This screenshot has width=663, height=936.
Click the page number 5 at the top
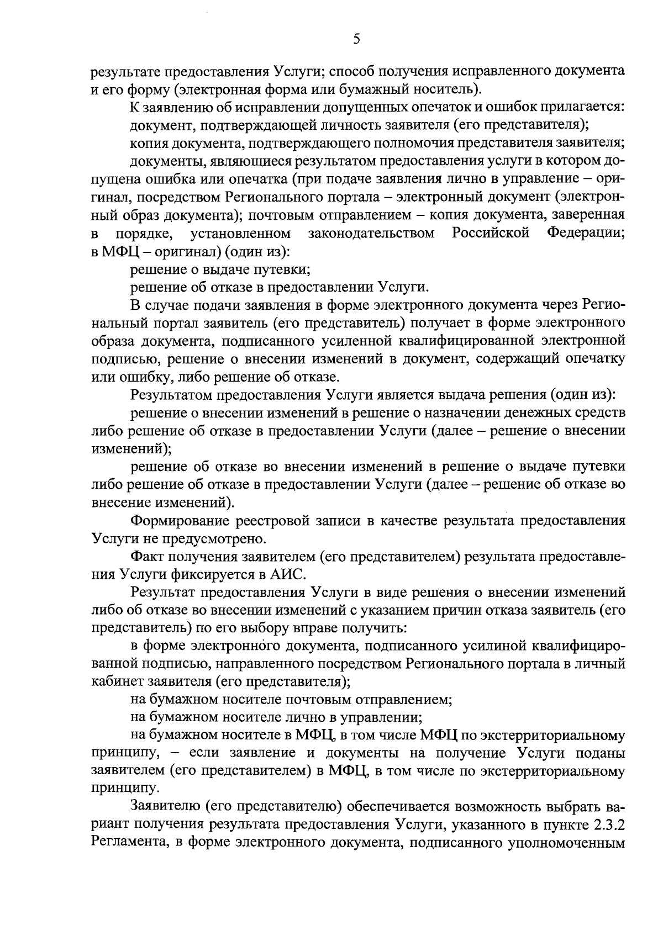tap(356, 38)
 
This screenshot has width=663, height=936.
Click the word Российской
tap(491, 233)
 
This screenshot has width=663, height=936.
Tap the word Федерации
tap(586, 233)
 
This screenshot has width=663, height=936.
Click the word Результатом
tap(171, 395)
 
